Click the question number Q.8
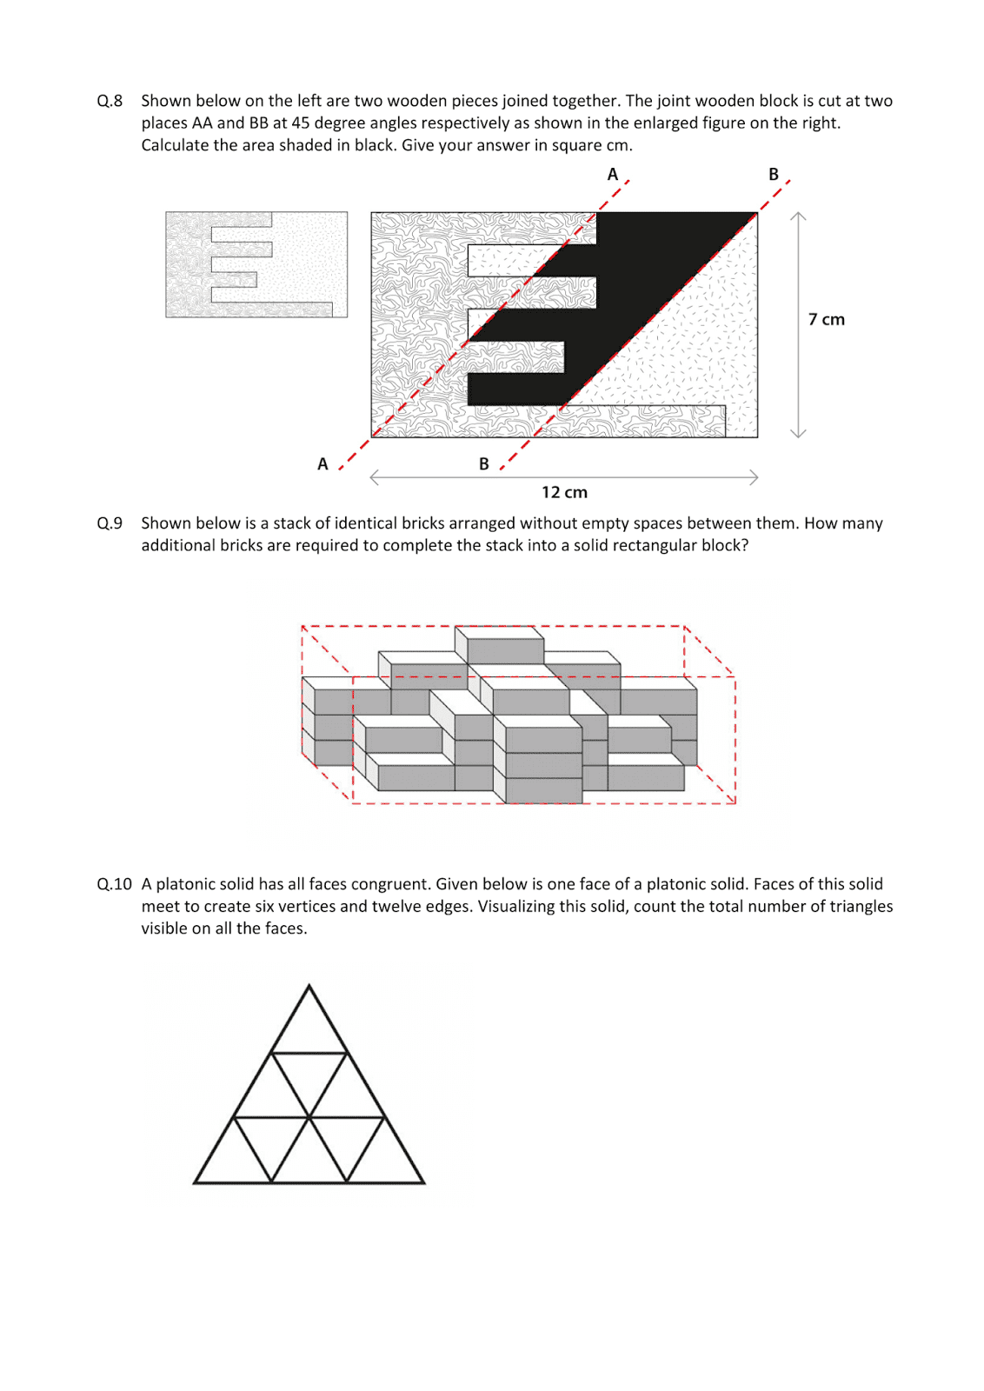coord(110,101)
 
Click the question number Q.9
coord(110,523)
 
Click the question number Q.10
coord(114,884)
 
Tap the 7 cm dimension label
coord(826,319)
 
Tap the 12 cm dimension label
coord(564,492)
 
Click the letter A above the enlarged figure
coord(612,174)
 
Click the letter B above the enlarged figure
coord(773,174)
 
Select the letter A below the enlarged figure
coord(322,464)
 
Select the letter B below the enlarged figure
coord(484,464)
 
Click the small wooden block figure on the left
coord(256,264)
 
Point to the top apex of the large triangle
coord(309,986)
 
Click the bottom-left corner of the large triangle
coord(196,1182)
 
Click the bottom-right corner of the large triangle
coord(423,1182)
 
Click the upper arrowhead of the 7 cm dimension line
coord(798,215)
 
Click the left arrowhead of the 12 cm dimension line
coord(373,476)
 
